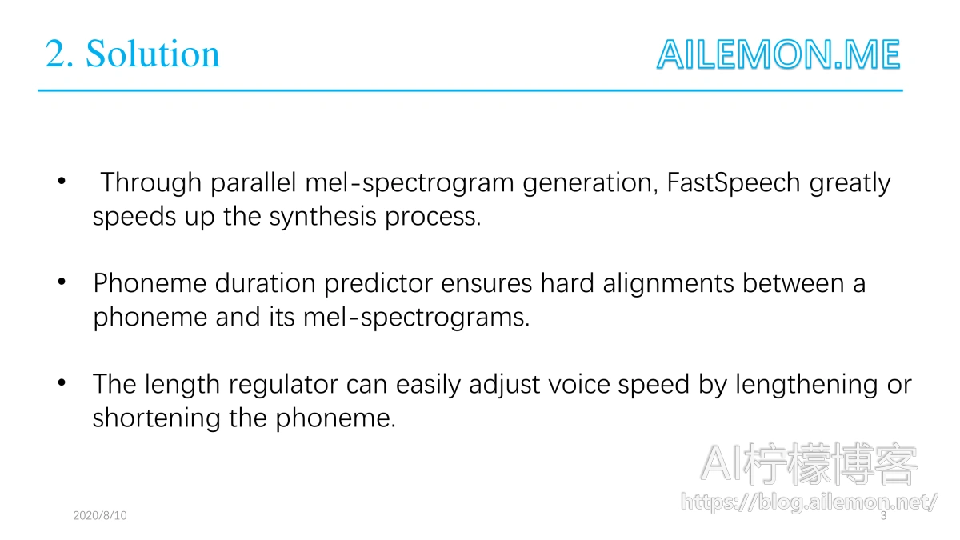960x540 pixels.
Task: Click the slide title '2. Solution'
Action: coord(133,54)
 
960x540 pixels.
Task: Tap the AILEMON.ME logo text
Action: coord(778,54)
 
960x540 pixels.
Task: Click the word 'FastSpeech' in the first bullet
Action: coord(734,182)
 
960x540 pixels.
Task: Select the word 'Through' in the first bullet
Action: coord(151,182)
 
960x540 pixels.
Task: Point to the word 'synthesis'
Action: coord(322,217)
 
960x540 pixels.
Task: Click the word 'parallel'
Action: coord(254,182)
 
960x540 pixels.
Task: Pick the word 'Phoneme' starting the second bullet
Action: coord(150,283)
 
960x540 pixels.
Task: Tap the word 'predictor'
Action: coord(378,283)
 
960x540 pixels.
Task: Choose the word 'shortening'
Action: coord(156,418)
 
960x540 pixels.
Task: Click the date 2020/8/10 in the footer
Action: coord(100,515)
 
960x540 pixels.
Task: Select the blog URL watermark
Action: coord(809,502)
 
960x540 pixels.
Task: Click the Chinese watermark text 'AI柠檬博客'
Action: coord(809,464)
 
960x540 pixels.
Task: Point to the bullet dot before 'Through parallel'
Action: coord(62,181)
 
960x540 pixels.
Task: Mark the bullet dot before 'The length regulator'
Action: coord(62,382)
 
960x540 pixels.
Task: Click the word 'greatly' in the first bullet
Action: coord(850,182)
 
